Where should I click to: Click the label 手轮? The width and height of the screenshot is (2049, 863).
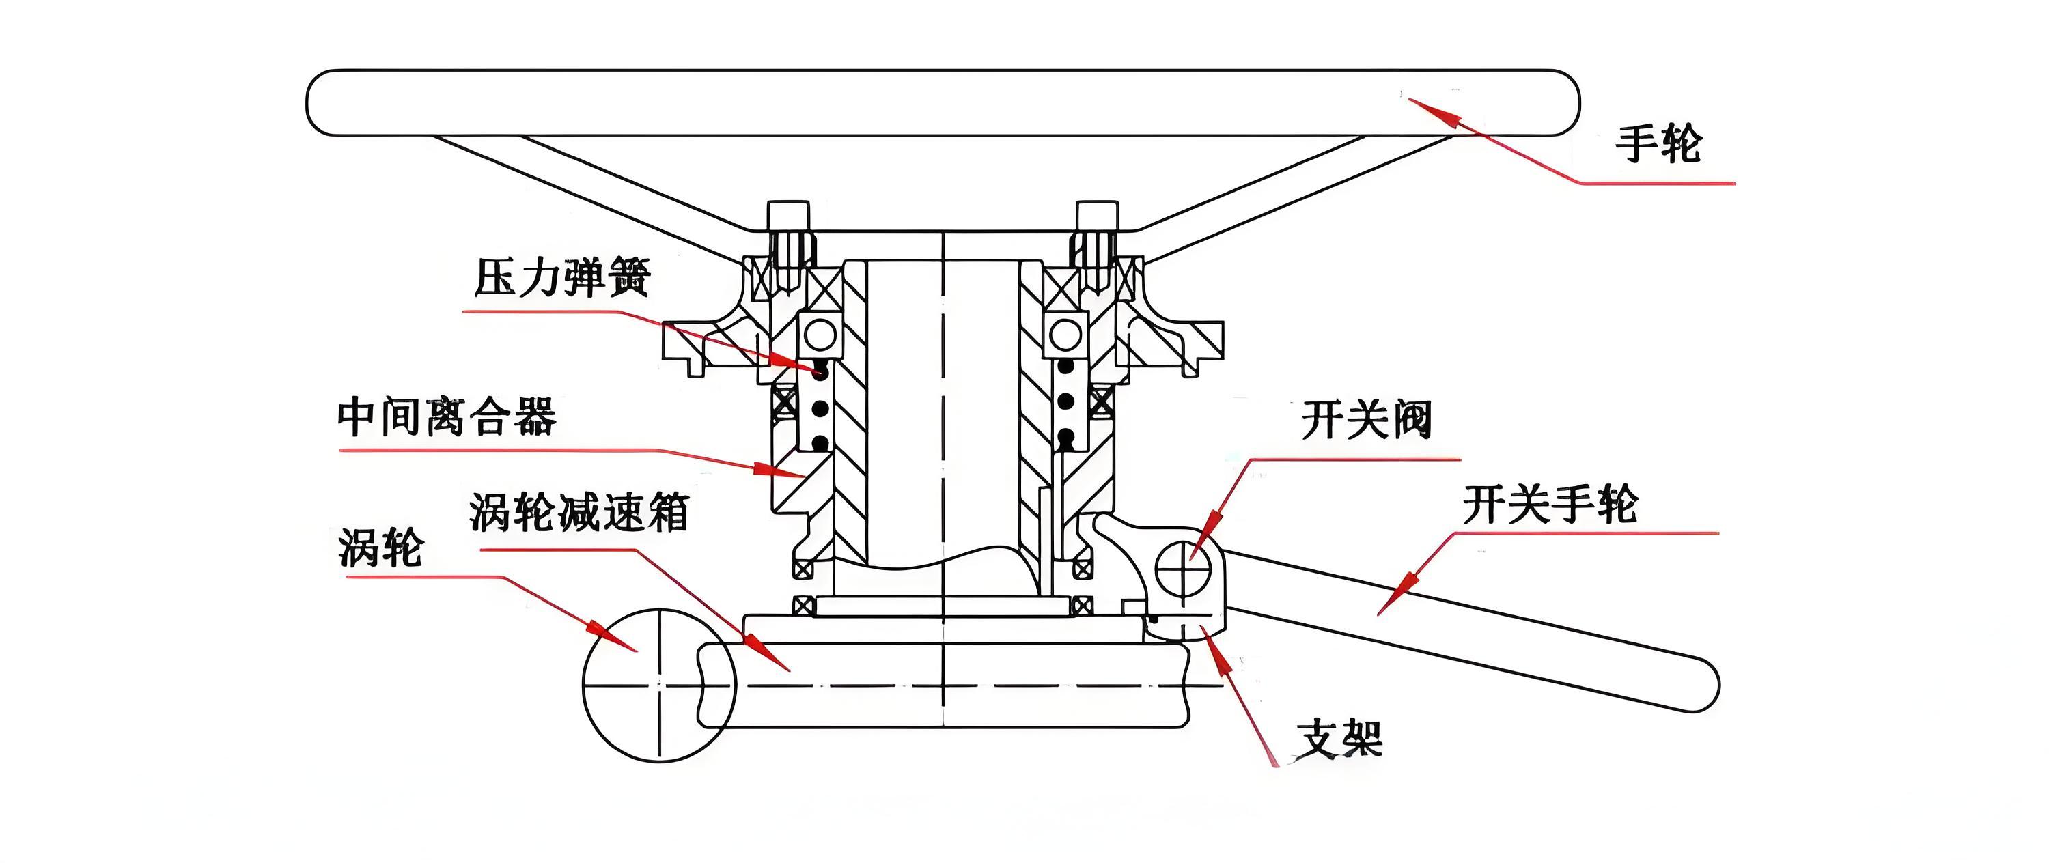click(x=1658, y=144)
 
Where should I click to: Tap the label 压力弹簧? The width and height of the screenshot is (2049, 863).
click(x=562, y=278)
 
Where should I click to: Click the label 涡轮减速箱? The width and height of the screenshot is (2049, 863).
click(x=579, y=511)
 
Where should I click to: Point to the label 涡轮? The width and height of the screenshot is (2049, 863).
click(x=380, y=548)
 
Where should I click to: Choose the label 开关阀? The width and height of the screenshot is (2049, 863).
click(x=1367, y=419)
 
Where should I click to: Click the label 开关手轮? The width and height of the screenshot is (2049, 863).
click(x=1550, y=505)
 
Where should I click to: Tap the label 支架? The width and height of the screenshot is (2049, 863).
click(x=1339, y=739)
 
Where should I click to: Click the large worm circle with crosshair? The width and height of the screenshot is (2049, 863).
click(x=658, y=684)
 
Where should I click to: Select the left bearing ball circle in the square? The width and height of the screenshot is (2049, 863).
click(x=820, y=334)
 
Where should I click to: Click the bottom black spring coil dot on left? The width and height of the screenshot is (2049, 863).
click(x=820, y=442)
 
